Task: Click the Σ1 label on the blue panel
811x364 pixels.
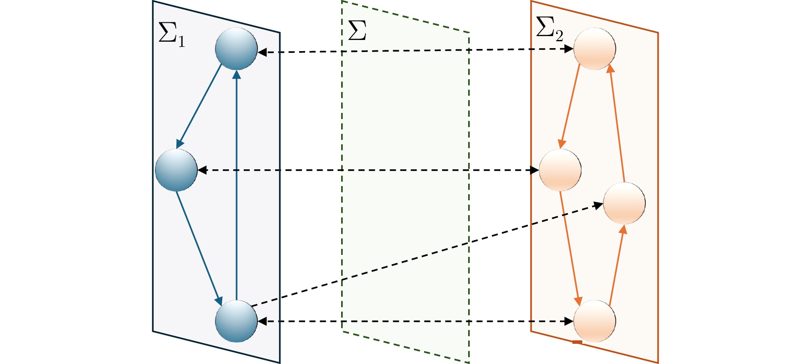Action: [x=171, y=34]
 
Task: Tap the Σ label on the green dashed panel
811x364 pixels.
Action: [x=357, y=30]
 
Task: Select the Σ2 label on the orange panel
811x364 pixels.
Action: [x=549, y=29]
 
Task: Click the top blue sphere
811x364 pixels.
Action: [x=236, y=49]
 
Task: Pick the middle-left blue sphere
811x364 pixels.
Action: [x=176, y=170]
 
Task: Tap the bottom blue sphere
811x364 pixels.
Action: [x=236, y=321]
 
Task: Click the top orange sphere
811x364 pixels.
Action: [x=594, y=49]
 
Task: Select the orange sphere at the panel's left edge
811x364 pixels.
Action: [x=560, y=170]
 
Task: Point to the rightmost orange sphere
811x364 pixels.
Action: [x=624, y=203]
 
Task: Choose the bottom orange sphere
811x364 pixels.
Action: [x=594, y=321]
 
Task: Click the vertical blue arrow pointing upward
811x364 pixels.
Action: [x=236, y=185]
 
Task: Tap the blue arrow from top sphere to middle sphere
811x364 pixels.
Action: [x=200, y=106]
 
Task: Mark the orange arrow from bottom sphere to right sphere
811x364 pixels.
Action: [x=617, y=264]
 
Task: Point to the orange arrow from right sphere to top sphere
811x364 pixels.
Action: [x=617, y=122]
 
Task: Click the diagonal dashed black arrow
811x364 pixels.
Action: [x=425, y=254]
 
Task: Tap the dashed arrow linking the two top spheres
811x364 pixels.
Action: [x=416, y=51]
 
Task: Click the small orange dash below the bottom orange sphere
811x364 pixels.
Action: [x=577, y=342]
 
